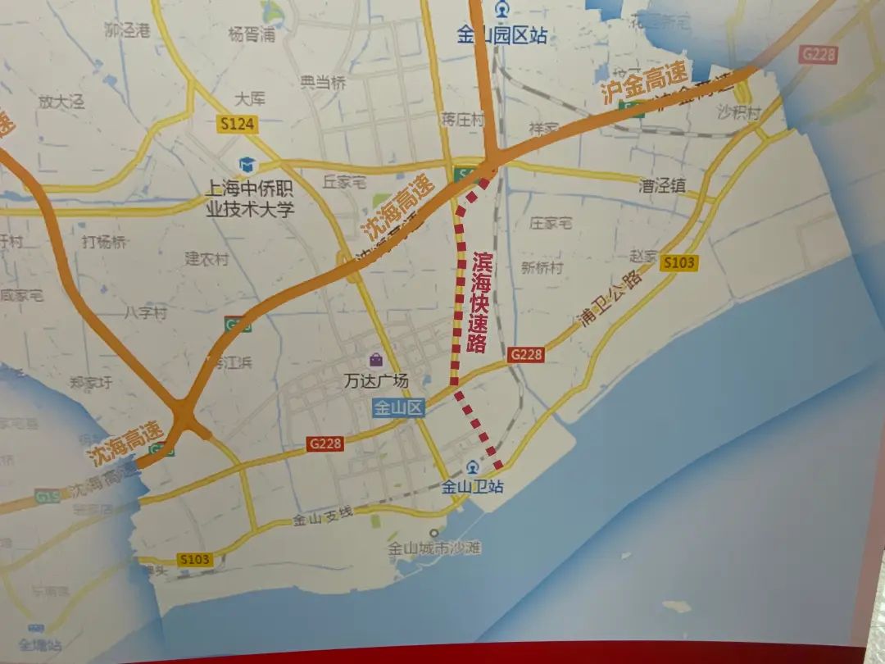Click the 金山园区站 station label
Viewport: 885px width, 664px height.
coord(502,35)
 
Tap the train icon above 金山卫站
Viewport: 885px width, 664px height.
coord(471,467)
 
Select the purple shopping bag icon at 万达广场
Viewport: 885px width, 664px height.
coord(375,360)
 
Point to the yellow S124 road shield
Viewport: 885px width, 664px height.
coord(238,125)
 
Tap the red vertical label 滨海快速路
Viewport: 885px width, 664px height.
coord(479,302)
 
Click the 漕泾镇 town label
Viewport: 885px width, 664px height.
coord(662,186)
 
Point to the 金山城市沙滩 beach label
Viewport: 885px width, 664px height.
coord(434,549)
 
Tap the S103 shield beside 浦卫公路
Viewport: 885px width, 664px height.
coord(679,262)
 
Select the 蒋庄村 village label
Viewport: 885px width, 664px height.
coord(463,120)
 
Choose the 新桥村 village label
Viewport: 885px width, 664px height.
coord(542,268)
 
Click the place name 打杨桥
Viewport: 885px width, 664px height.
coord(104,242)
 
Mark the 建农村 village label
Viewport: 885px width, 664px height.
coord(206,259)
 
